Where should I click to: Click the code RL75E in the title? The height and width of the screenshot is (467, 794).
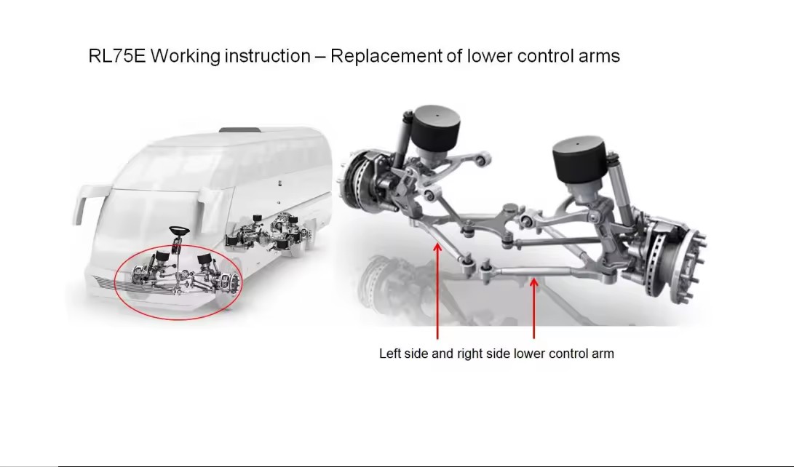[117, 56]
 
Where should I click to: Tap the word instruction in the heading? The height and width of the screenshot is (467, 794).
[267, 56]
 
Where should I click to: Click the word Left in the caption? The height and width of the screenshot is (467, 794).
[390, 353]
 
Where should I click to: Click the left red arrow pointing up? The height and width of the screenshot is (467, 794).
[437, 291]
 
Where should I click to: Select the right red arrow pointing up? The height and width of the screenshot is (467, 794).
[533, 308]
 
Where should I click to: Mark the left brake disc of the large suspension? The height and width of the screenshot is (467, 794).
[358, 181]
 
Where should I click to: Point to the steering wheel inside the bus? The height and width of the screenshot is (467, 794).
[179, 231]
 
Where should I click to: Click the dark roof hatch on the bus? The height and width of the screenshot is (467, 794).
[240, 129]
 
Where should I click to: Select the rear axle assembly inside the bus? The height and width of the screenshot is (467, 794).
[269, 233]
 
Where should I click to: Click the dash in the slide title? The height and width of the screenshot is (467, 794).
[320, 57]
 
